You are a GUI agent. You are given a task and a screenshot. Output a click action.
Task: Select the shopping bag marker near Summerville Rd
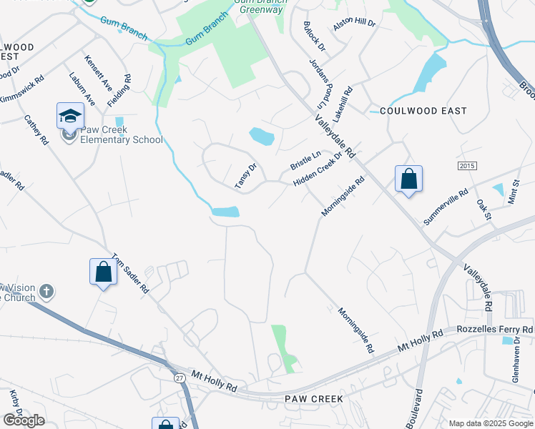tap(408, 179)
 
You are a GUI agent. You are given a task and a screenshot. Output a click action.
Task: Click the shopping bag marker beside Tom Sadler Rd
tap(103, 272)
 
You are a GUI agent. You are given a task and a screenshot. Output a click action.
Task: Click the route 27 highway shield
tap(179, 377)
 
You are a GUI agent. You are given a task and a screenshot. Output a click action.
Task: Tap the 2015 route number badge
tap(466, 166)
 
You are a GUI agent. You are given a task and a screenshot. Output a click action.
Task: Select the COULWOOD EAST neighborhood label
tap(423, 111)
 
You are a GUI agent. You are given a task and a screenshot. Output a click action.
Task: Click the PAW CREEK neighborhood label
tap(314, 398)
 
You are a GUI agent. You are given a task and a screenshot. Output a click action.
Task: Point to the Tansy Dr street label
tap(245, 177)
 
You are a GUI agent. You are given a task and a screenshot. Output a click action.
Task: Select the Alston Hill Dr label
tap(354, 24)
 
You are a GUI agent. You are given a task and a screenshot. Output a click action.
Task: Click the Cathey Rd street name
tap(36, 130)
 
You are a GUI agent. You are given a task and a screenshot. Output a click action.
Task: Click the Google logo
tap(24, 420)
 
